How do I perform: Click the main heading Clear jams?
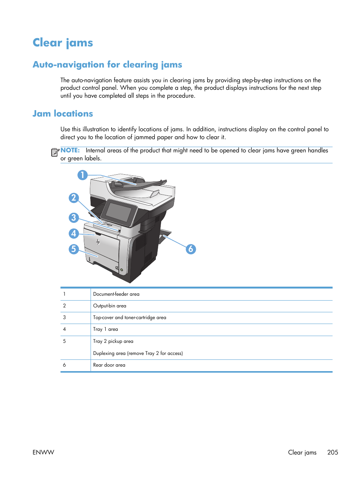(63, 43)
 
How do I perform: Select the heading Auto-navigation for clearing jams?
(107, 64)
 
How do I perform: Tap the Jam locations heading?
(63, 114)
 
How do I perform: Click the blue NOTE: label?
(70, 150)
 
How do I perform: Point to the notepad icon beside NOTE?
(55, 152)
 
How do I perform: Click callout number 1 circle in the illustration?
(83, 175)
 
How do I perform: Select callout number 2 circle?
(74, 198)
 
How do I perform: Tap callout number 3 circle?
(74, 218)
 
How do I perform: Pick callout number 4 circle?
(74, 233)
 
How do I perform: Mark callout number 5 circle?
(74, 249)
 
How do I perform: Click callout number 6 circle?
(191, 249)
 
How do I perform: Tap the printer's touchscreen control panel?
(118, 212)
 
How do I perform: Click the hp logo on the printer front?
(98, 241)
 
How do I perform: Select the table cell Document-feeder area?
(116, 294)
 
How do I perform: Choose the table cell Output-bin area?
(110, 306)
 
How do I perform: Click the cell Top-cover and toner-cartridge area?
(129, 318)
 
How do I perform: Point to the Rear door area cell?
(109, 365)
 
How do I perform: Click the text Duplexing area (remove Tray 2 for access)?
(138, 353)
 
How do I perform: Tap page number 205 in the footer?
(332, 452)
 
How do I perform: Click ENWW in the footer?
(43, 452)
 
